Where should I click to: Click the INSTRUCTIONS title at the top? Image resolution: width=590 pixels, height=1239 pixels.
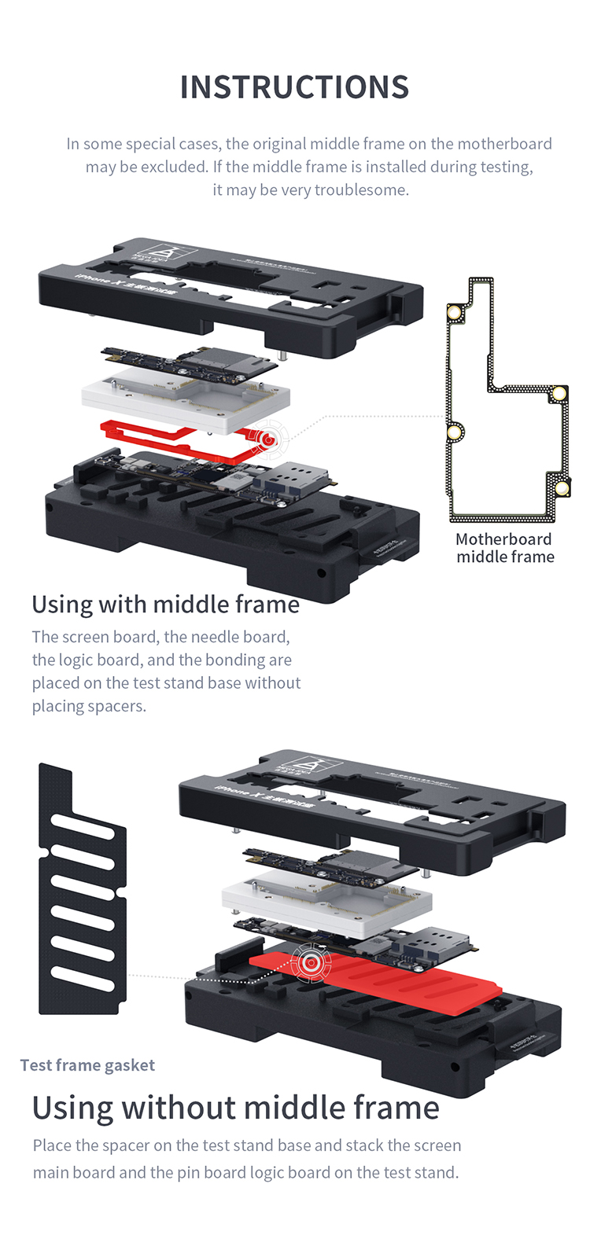pos(294,87)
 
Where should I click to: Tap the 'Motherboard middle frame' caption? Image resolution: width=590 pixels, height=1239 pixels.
pos(505,548)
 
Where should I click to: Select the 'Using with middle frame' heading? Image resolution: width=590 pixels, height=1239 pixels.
pos(166,604)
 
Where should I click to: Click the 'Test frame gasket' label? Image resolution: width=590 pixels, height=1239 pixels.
pos(87,1065)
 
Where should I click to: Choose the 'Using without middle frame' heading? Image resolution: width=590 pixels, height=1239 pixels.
pos(235,1108)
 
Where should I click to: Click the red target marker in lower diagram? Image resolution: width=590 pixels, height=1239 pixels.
pos(311,961)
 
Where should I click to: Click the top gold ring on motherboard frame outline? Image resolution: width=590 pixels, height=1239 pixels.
pos(455,312)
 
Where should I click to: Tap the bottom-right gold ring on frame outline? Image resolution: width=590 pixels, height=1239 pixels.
pos(562,489)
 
